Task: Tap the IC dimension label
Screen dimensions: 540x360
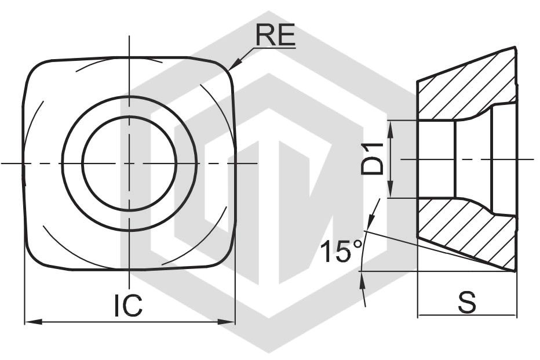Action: (x=128, y=306)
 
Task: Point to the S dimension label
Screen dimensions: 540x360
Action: (x=467, y=302)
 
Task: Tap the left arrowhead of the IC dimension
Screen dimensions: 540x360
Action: (x=34, y=322)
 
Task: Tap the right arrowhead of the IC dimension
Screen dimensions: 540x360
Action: (x=227, y=322)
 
